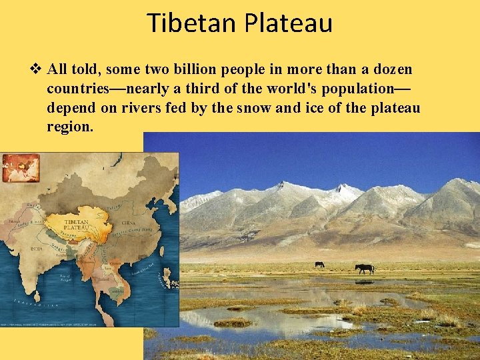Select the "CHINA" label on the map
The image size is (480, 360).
click(x=128, y=224)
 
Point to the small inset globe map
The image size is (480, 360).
click(x=21, y=167)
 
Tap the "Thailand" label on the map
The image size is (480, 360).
click(x=103, y=278)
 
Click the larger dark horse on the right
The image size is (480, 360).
click(x=364, y=268)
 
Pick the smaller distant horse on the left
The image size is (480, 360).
click(x=319, y=264)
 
